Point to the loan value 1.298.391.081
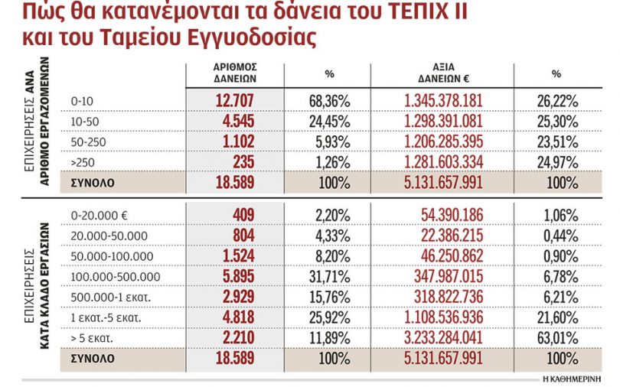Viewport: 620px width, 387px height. pos(444,121)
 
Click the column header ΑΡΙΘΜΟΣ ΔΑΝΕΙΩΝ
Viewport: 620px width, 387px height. pos(233,73)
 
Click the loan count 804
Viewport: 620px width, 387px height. pos(239,236)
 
